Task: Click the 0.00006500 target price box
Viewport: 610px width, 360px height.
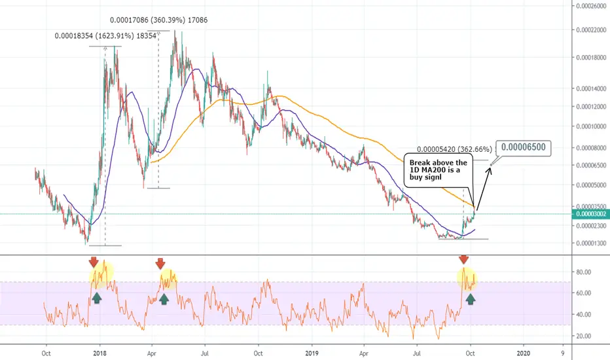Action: click(524, 148)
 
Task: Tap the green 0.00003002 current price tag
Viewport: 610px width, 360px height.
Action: click(591, 214)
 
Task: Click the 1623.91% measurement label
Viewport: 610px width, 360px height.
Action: click(105, 36)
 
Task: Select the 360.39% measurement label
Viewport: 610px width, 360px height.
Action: click(159, 20)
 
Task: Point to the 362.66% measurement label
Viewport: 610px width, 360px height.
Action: click(454, 149)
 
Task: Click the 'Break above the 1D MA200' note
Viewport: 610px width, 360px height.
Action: click(439, 170)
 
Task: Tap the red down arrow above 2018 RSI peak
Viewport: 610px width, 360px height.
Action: click(94, 262)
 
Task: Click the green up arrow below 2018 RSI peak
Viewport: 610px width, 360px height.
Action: click(97, 298)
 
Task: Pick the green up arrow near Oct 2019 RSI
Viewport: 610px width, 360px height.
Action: click(471, 298)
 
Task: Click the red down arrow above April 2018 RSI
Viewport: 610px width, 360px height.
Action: click(160, 264)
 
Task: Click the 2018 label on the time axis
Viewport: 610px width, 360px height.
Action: click(100, 353)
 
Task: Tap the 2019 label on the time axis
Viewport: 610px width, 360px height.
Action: click(312, 353)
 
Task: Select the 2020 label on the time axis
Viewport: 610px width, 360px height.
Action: click(524, 353)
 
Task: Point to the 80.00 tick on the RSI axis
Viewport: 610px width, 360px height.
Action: click(584, 272)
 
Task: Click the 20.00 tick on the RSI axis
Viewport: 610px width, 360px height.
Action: click(584, 336)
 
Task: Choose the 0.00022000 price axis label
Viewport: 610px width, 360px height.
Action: click(591, 30)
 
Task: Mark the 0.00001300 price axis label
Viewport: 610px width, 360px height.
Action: click(591, 243)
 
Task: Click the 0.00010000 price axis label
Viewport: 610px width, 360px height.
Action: click(591, 126)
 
